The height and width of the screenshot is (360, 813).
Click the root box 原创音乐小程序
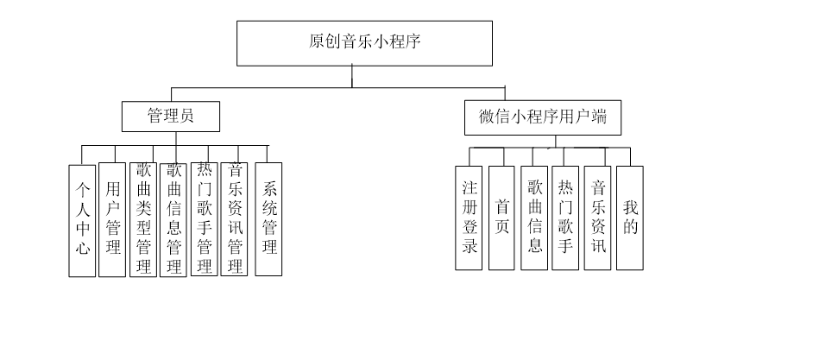364,43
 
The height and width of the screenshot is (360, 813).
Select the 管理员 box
170,117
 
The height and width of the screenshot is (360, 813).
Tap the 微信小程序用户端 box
542,117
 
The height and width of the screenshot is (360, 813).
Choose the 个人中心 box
82,220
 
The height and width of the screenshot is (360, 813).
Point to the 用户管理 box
112,219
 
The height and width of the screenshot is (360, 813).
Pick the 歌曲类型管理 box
143,219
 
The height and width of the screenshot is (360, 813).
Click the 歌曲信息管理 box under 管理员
173,219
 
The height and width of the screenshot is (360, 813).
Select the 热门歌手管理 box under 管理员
205,219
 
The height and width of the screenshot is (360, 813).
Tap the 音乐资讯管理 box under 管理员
234,219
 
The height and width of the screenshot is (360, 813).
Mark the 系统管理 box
269,219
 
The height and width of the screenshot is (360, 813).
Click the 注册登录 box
469,218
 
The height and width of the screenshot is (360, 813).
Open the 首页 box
501,218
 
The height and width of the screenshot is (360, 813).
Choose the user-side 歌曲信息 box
534,218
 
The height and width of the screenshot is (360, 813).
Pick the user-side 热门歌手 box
565,218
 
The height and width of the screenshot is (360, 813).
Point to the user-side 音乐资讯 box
597,218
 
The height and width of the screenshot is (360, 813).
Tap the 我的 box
630,218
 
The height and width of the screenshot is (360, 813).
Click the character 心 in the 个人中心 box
82,249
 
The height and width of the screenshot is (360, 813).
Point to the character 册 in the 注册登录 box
469,207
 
